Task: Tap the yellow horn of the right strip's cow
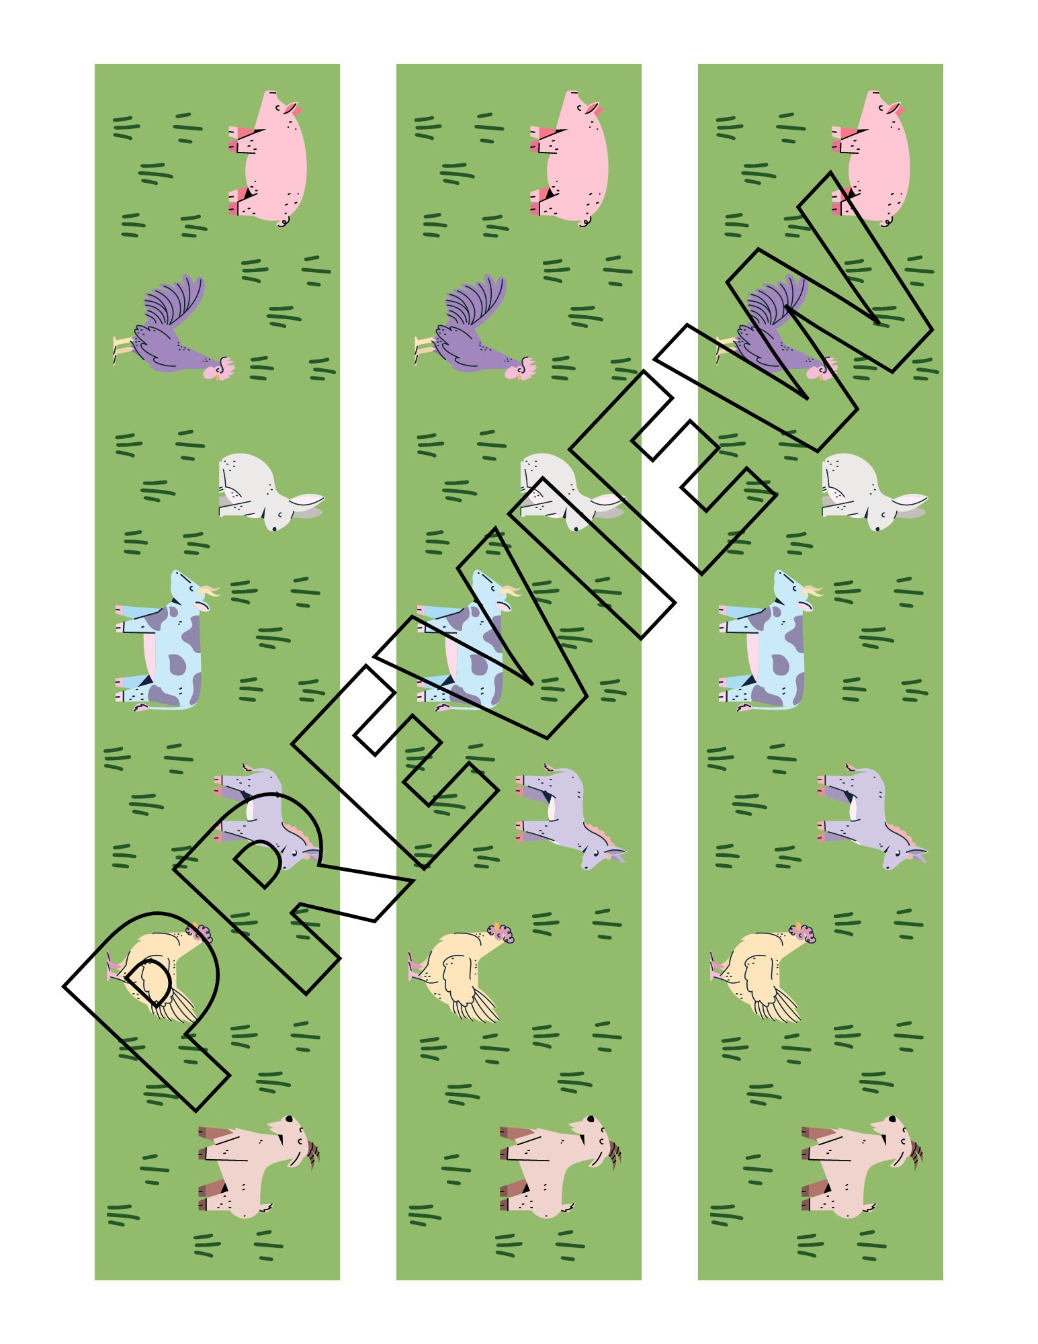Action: [814, 591]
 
